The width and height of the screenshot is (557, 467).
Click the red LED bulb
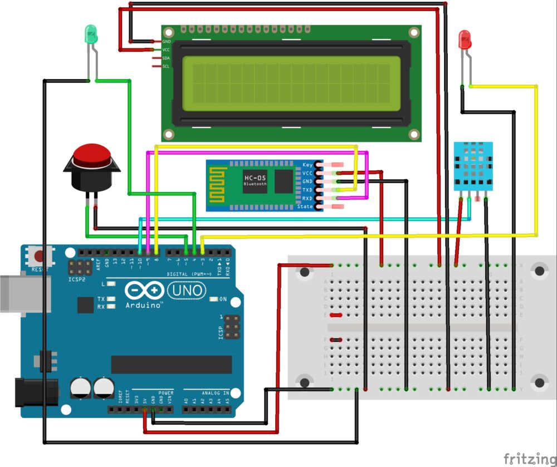464,40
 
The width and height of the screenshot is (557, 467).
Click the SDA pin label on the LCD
166,58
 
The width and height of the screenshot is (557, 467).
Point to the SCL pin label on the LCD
166,66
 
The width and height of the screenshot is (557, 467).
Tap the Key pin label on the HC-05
307,165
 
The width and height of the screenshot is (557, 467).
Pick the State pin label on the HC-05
305,207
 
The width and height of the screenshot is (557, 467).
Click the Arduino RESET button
40,257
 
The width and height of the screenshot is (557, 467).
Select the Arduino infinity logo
145,290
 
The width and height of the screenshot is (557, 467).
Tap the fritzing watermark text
529,458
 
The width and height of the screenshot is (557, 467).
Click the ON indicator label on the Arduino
223,299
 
